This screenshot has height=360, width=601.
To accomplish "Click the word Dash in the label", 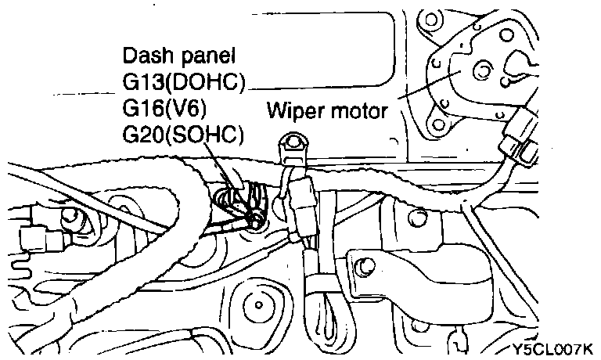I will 142,57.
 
